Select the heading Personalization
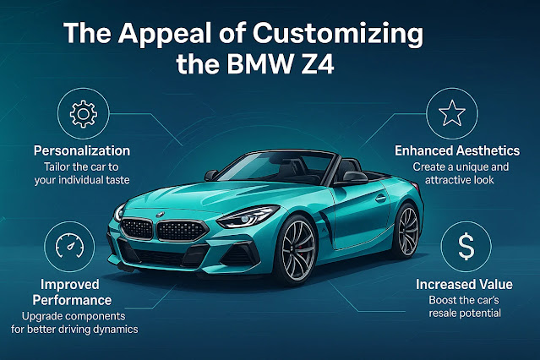click(x=81, y=150)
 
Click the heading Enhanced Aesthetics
click(x=456, y=150)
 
